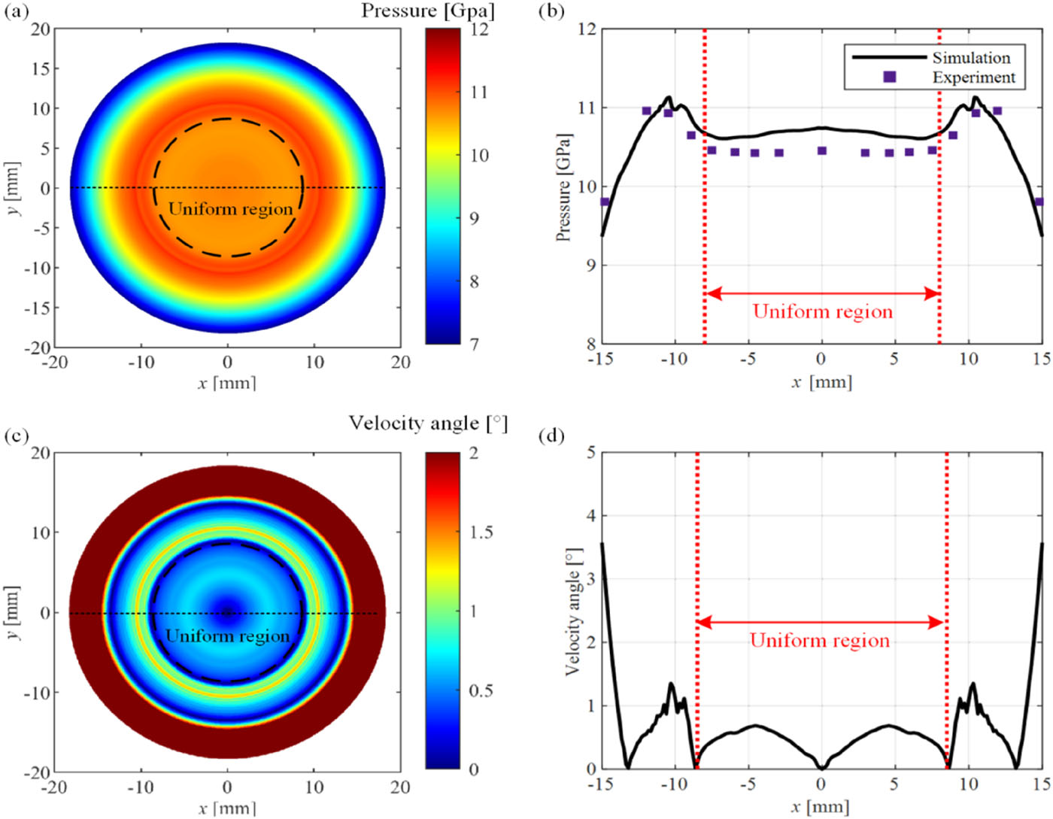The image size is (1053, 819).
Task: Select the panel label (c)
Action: click(17, 435)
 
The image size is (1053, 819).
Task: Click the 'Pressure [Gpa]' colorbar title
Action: click(428, 11)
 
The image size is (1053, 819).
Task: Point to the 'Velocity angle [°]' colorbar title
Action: click(428, 423)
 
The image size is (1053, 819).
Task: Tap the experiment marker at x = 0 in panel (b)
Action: click(822, 151)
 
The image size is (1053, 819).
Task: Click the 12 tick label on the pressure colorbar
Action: click(479, 29)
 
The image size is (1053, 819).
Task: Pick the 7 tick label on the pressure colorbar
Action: click(474, 344)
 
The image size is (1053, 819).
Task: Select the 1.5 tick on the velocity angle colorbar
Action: click(481, 532)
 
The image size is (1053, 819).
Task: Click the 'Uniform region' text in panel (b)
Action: click(822, 311)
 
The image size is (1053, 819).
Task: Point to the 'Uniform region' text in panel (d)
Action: click(820, 641)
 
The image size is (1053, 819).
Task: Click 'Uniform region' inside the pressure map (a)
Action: click(230, 209)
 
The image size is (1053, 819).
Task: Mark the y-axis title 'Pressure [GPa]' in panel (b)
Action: click(563, 188)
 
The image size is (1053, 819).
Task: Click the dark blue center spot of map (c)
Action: click(227, 613)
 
